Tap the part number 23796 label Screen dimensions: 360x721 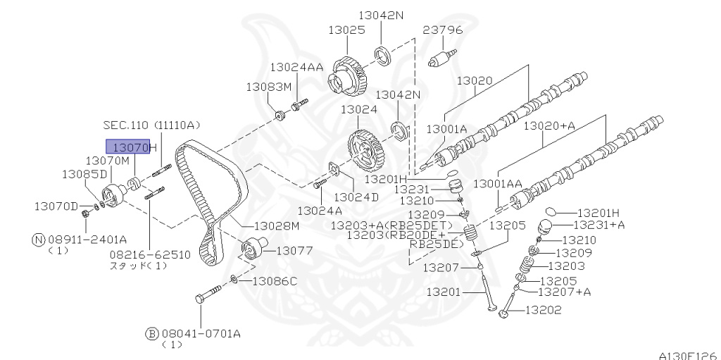442,30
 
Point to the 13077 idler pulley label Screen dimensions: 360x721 294,250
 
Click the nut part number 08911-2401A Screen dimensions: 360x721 88,239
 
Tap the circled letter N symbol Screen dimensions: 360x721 39,239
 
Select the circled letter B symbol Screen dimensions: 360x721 151,333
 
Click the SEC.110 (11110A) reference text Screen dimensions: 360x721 151,125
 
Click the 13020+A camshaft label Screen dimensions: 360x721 548,125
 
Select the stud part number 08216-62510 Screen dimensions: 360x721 149,254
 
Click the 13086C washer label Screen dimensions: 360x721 274,281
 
